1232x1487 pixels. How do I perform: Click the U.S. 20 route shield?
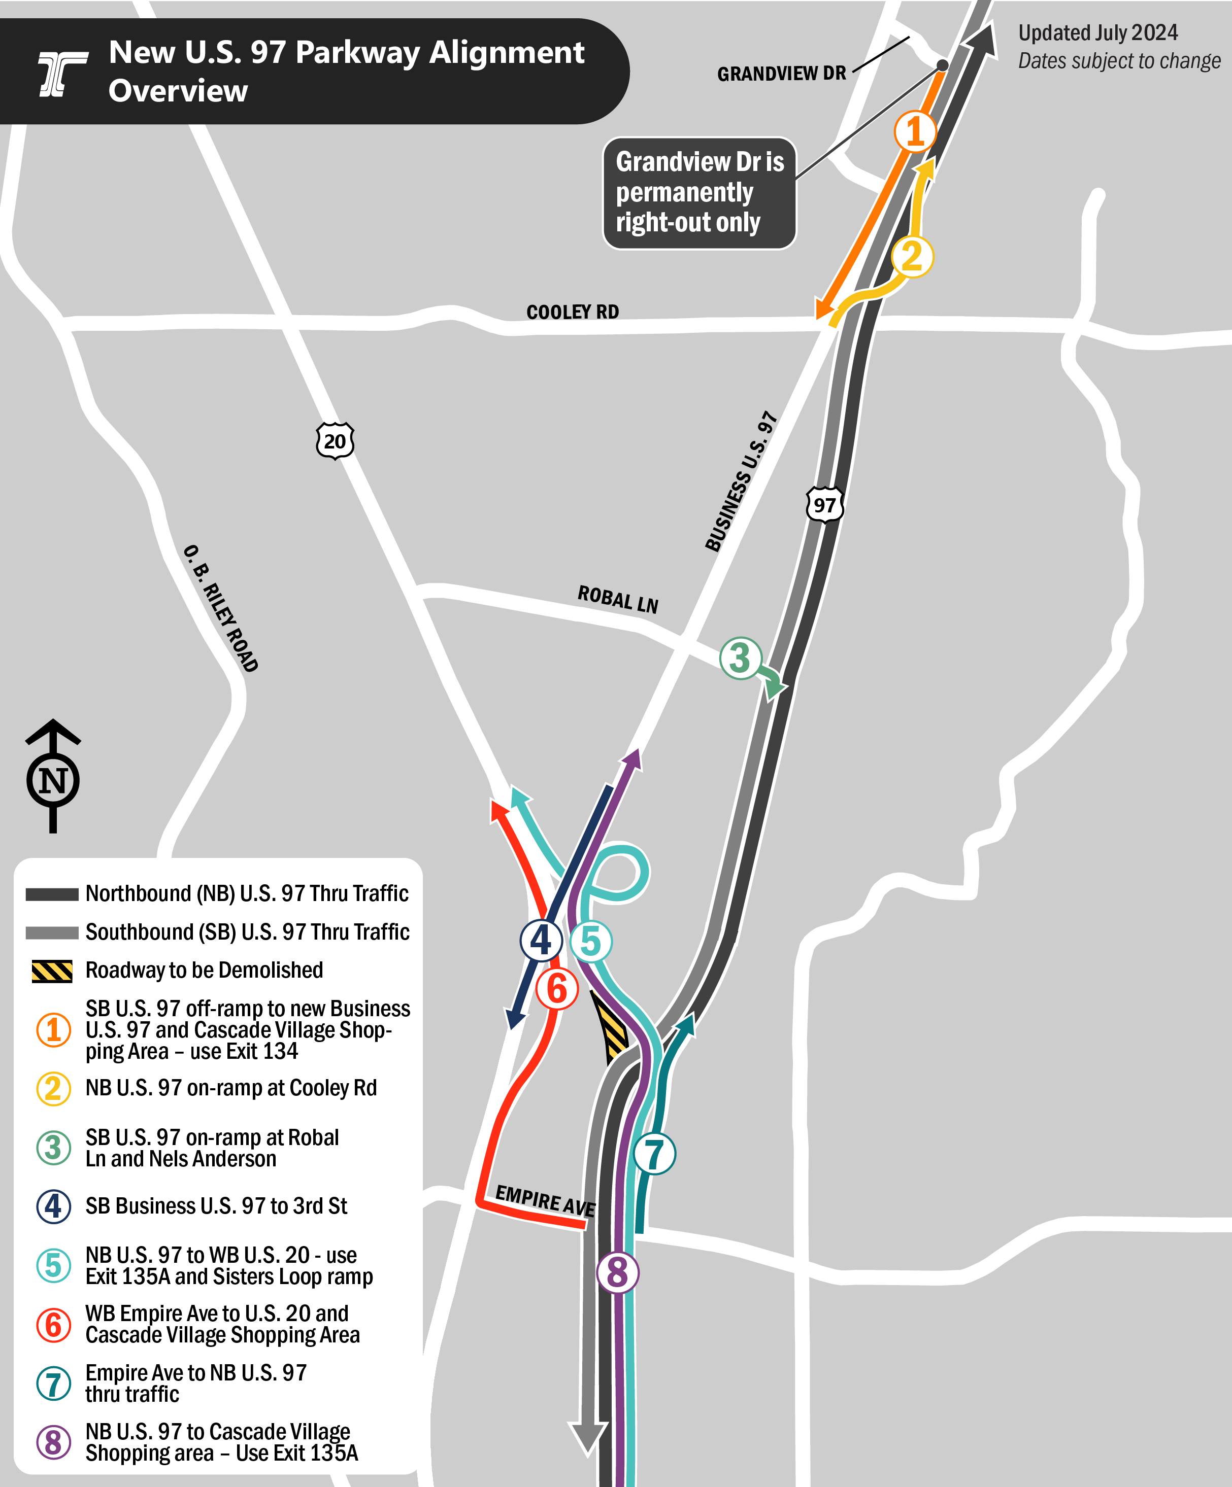click(335, 441)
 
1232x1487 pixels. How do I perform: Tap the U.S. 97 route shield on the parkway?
click(824, 505)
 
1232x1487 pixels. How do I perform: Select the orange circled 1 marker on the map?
click(915, 132)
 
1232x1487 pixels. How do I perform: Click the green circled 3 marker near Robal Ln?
click(740, 658)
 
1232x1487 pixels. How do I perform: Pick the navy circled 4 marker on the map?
click(541, 941)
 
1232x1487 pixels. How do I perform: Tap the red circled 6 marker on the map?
click(557, 988)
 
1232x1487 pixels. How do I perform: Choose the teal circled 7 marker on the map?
click(654, 1154)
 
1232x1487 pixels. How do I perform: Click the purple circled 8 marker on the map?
click(618, 1272)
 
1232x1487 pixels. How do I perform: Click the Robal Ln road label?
click(618, 600)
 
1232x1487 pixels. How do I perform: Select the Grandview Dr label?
click(781, 74)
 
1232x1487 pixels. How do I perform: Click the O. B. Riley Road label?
click(221, 608)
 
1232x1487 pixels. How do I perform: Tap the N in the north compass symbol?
click(53, 781)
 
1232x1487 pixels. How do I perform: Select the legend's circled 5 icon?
click(53, 1265)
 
